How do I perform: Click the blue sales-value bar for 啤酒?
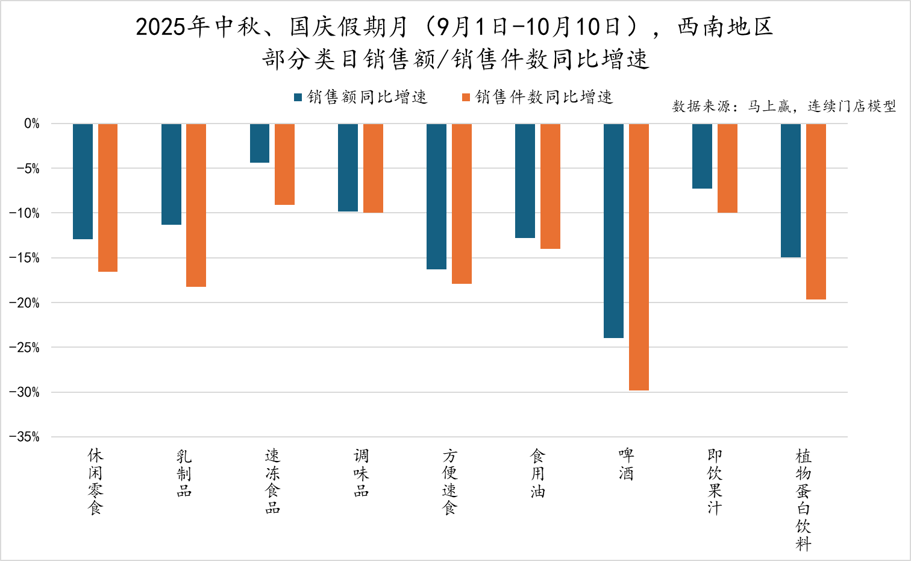click(x=613, y=231)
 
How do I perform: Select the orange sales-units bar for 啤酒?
click(x=639, y=257)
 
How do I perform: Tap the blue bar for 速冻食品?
click(x=260, y=143)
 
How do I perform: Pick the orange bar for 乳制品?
click(x=196, y=205)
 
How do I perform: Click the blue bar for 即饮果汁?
click(x=702, y=156)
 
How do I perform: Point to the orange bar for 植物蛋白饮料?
click(x=816, y=212)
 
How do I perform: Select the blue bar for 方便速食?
click(x=436, y=196)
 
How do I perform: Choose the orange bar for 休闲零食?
click(x=108, y=198)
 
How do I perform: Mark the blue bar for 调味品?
click(x=348, y=168)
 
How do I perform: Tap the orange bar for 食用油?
click(x=550, y=186)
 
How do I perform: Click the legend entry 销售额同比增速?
click(x=360, y=97)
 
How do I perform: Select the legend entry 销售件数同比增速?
click(x=537, y=97)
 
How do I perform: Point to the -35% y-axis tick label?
click(x=24, y=437)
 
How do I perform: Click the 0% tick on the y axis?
click(x=31, y=124)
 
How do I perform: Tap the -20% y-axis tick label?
click(x=24, y=302)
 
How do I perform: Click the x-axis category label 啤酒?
click(x=626, y=464)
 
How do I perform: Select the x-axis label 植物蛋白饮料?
click(x=803, y=500)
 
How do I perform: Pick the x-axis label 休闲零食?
click(x=95, y=481)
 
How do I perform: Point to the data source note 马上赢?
click(x=783, y=107)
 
